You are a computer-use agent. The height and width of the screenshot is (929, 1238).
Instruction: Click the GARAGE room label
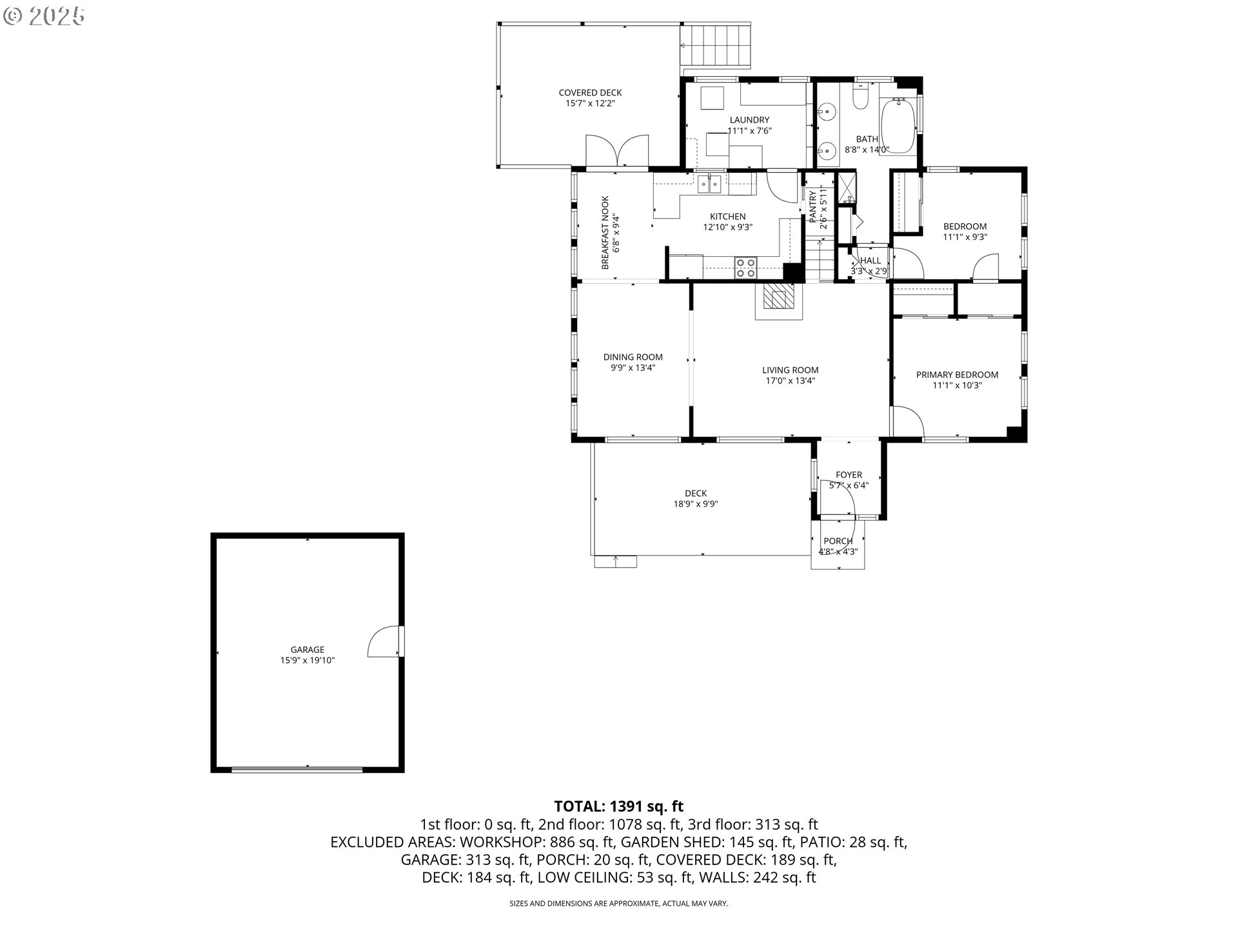tap(307, 650)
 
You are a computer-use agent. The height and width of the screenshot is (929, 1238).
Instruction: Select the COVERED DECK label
tap(590, 93)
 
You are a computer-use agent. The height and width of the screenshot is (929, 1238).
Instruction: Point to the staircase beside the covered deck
tap(716, 45)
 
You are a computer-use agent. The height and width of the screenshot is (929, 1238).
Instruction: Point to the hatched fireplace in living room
tap(780, 299)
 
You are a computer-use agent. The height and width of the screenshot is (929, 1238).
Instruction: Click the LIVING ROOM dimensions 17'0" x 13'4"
tap(790, 381)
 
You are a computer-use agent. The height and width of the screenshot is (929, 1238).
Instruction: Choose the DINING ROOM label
tap(633, 357)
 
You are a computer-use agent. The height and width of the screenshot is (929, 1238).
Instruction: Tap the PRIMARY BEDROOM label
tap(957, 375)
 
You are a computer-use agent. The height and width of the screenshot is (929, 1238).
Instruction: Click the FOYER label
tap(849, 475)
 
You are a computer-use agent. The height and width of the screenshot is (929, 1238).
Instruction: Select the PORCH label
tap(838, 541)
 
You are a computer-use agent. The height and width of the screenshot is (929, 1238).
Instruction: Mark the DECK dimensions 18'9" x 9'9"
tap(696, 504)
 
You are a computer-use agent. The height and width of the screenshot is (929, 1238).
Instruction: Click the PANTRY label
tap(812, 205)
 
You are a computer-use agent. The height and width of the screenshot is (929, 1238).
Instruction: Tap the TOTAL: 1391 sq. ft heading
tap(618, 806)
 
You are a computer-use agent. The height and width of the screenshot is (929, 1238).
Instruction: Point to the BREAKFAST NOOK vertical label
tap(605, 232)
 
